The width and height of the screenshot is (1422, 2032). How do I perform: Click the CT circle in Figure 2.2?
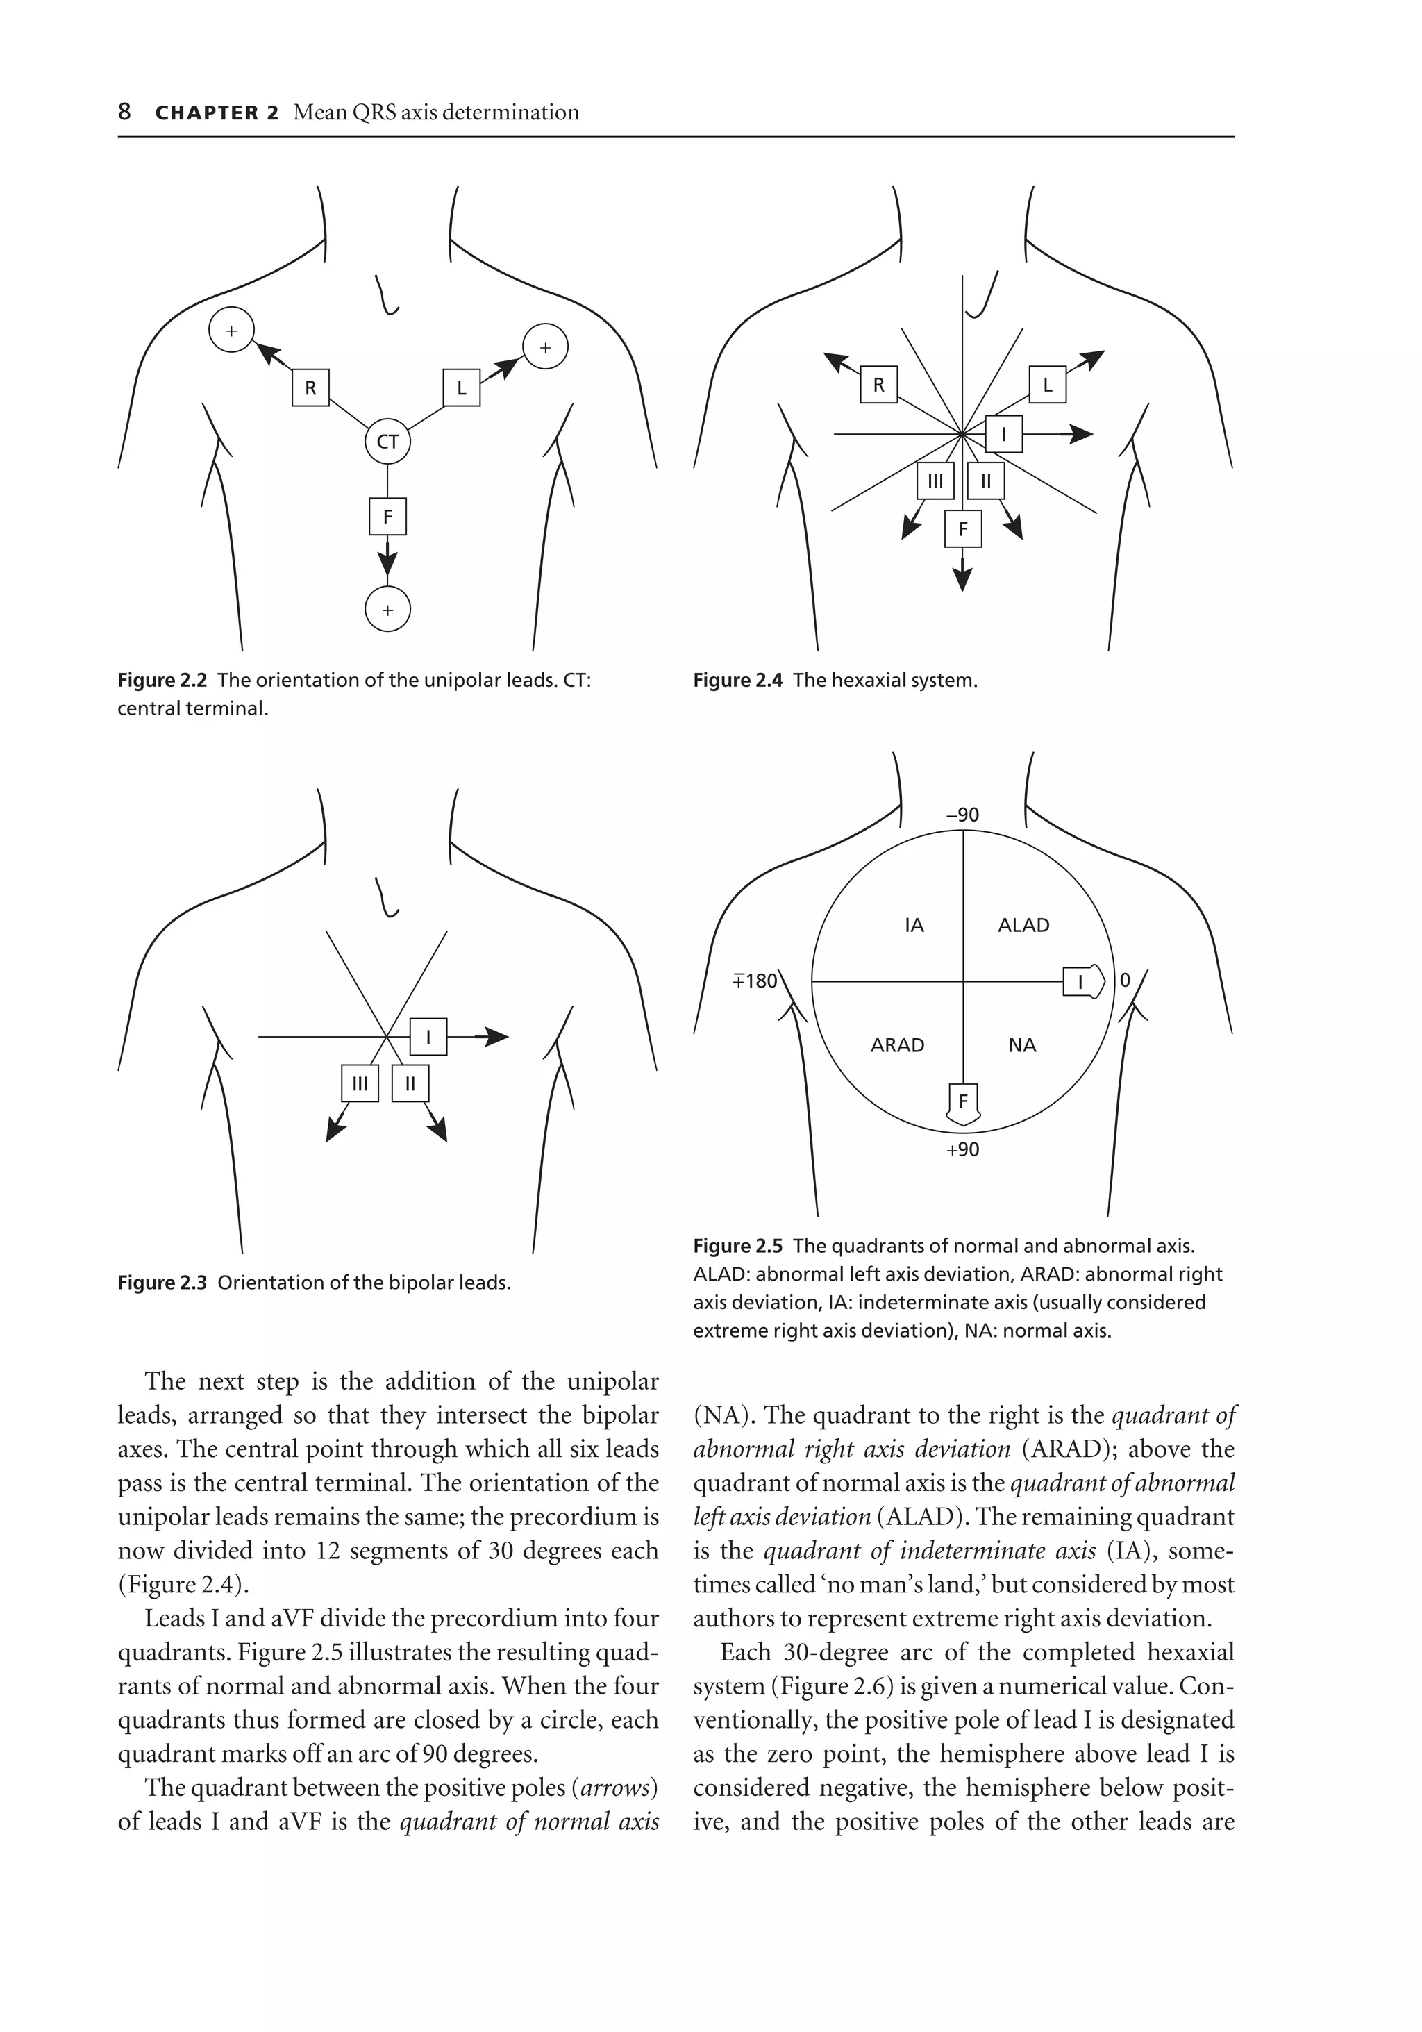coord(387,442)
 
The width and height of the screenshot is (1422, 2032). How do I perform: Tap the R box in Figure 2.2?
coord(310,388)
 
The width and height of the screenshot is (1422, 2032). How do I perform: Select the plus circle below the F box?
coord(387,610)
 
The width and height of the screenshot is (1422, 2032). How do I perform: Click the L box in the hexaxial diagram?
coord(1048,385)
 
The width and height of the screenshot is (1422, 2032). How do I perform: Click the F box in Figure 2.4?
coord(963,529)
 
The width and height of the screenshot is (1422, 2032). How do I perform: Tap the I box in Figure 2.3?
coord(428,1036)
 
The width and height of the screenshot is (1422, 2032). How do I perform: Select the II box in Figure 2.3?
coord(410,1083)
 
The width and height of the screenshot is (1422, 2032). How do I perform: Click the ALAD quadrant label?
coord(1023,925)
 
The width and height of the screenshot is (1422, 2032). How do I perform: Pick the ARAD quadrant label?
coord(897,1045)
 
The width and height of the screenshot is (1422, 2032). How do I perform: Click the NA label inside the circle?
coord(1022,1045)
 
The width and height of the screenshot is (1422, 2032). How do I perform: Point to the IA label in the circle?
coord(914,925)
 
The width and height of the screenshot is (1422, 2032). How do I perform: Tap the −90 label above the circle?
coord(963,814)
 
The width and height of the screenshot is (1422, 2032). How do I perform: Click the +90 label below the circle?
coord(963,1149)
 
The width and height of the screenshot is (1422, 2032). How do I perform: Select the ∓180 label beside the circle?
coord(755,981)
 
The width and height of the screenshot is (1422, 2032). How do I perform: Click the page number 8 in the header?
coord(125,113)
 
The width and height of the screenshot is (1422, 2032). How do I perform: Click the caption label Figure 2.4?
coord(737,681)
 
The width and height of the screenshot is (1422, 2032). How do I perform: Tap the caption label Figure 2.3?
coord(162,1283)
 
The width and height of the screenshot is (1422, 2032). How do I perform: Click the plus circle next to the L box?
coord(545,348)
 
